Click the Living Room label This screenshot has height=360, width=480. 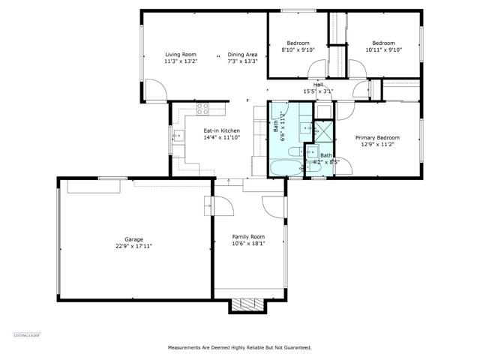pyautogui.click(x=180, y=55)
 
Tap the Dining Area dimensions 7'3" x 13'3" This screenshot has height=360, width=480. pyautogui.click(x=242, y=61)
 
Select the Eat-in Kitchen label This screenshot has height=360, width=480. pyautogui.click(x=221, y=130)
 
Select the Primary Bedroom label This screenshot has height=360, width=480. pyautogui.click(x=377, y=137)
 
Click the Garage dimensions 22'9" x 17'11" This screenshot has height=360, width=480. pyautogui.click(x=133, y=245)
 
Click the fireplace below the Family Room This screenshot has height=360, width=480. pyautogui.click(x=247, y=304)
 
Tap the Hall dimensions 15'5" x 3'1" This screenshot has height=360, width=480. pyautogui.click(x=318, y=91)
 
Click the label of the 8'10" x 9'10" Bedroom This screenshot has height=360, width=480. pyautogui.click(x=298, y=43)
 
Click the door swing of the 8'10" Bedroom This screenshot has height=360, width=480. pyautogui.click(x=316, y=71)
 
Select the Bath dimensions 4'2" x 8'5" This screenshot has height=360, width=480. pyautogui.click(x=330, y=161)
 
